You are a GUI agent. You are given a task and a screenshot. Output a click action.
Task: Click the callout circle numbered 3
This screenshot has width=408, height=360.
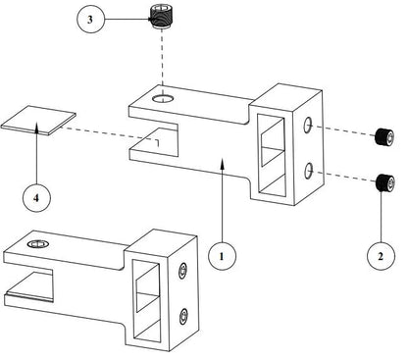tap(90, 20)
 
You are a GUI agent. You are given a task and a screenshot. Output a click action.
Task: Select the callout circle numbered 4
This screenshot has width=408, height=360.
tap(36, 198)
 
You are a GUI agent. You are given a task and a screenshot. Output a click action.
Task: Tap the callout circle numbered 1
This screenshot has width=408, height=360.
tap(223, 256)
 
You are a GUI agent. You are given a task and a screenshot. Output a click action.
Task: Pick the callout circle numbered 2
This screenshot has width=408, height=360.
tap(381, 256)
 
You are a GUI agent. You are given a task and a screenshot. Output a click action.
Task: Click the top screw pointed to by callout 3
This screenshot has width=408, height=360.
tap(163, 18)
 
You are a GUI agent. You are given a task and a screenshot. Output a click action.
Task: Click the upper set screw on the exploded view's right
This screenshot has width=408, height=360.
tap(384, 137)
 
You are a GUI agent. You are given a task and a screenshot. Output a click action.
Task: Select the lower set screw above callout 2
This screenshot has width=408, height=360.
tap(384, 182)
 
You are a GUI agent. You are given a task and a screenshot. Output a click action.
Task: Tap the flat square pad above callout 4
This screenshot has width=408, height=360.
tap(38, 120)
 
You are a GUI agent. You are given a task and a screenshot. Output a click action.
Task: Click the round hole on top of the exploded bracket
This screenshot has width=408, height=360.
tap(163, 98)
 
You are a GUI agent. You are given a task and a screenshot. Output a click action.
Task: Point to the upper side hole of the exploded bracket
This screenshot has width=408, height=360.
tap(308, 126)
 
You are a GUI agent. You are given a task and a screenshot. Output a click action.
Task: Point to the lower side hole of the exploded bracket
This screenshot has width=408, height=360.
tap(308, 171)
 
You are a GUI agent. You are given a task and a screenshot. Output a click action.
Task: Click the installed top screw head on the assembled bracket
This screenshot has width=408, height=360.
tap(38, 244)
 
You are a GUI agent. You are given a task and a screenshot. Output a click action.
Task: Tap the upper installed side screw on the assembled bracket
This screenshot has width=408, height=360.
tap(183, 271)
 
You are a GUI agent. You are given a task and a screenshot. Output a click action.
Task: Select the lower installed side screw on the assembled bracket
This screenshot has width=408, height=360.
tap(184, 317)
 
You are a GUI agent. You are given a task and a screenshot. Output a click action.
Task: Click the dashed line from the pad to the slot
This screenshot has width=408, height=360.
tap(110, 134)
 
